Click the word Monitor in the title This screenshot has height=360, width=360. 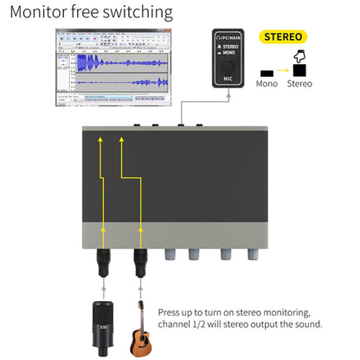coord(40,13)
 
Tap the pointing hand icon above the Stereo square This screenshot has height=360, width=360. coord(301,57)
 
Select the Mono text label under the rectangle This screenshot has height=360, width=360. coord(267,84)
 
